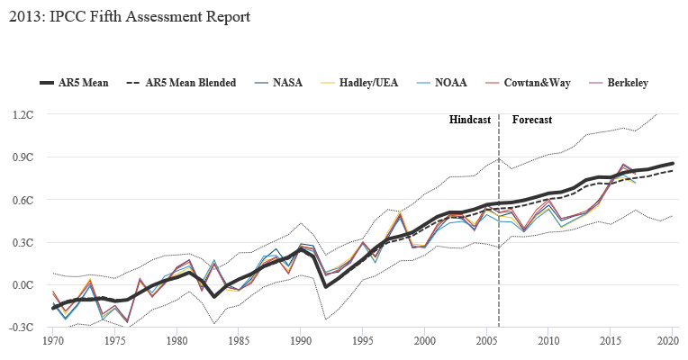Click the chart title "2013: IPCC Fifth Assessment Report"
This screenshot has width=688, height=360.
point(125,16)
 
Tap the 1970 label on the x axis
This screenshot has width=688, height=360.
point(53,342)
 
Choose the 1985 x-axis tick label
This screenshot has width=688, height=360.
point(239,342)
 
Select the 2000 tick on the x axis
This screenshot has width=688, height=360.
point(425,342)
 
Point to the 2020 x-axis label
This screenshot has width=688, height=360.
point(669,342)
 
